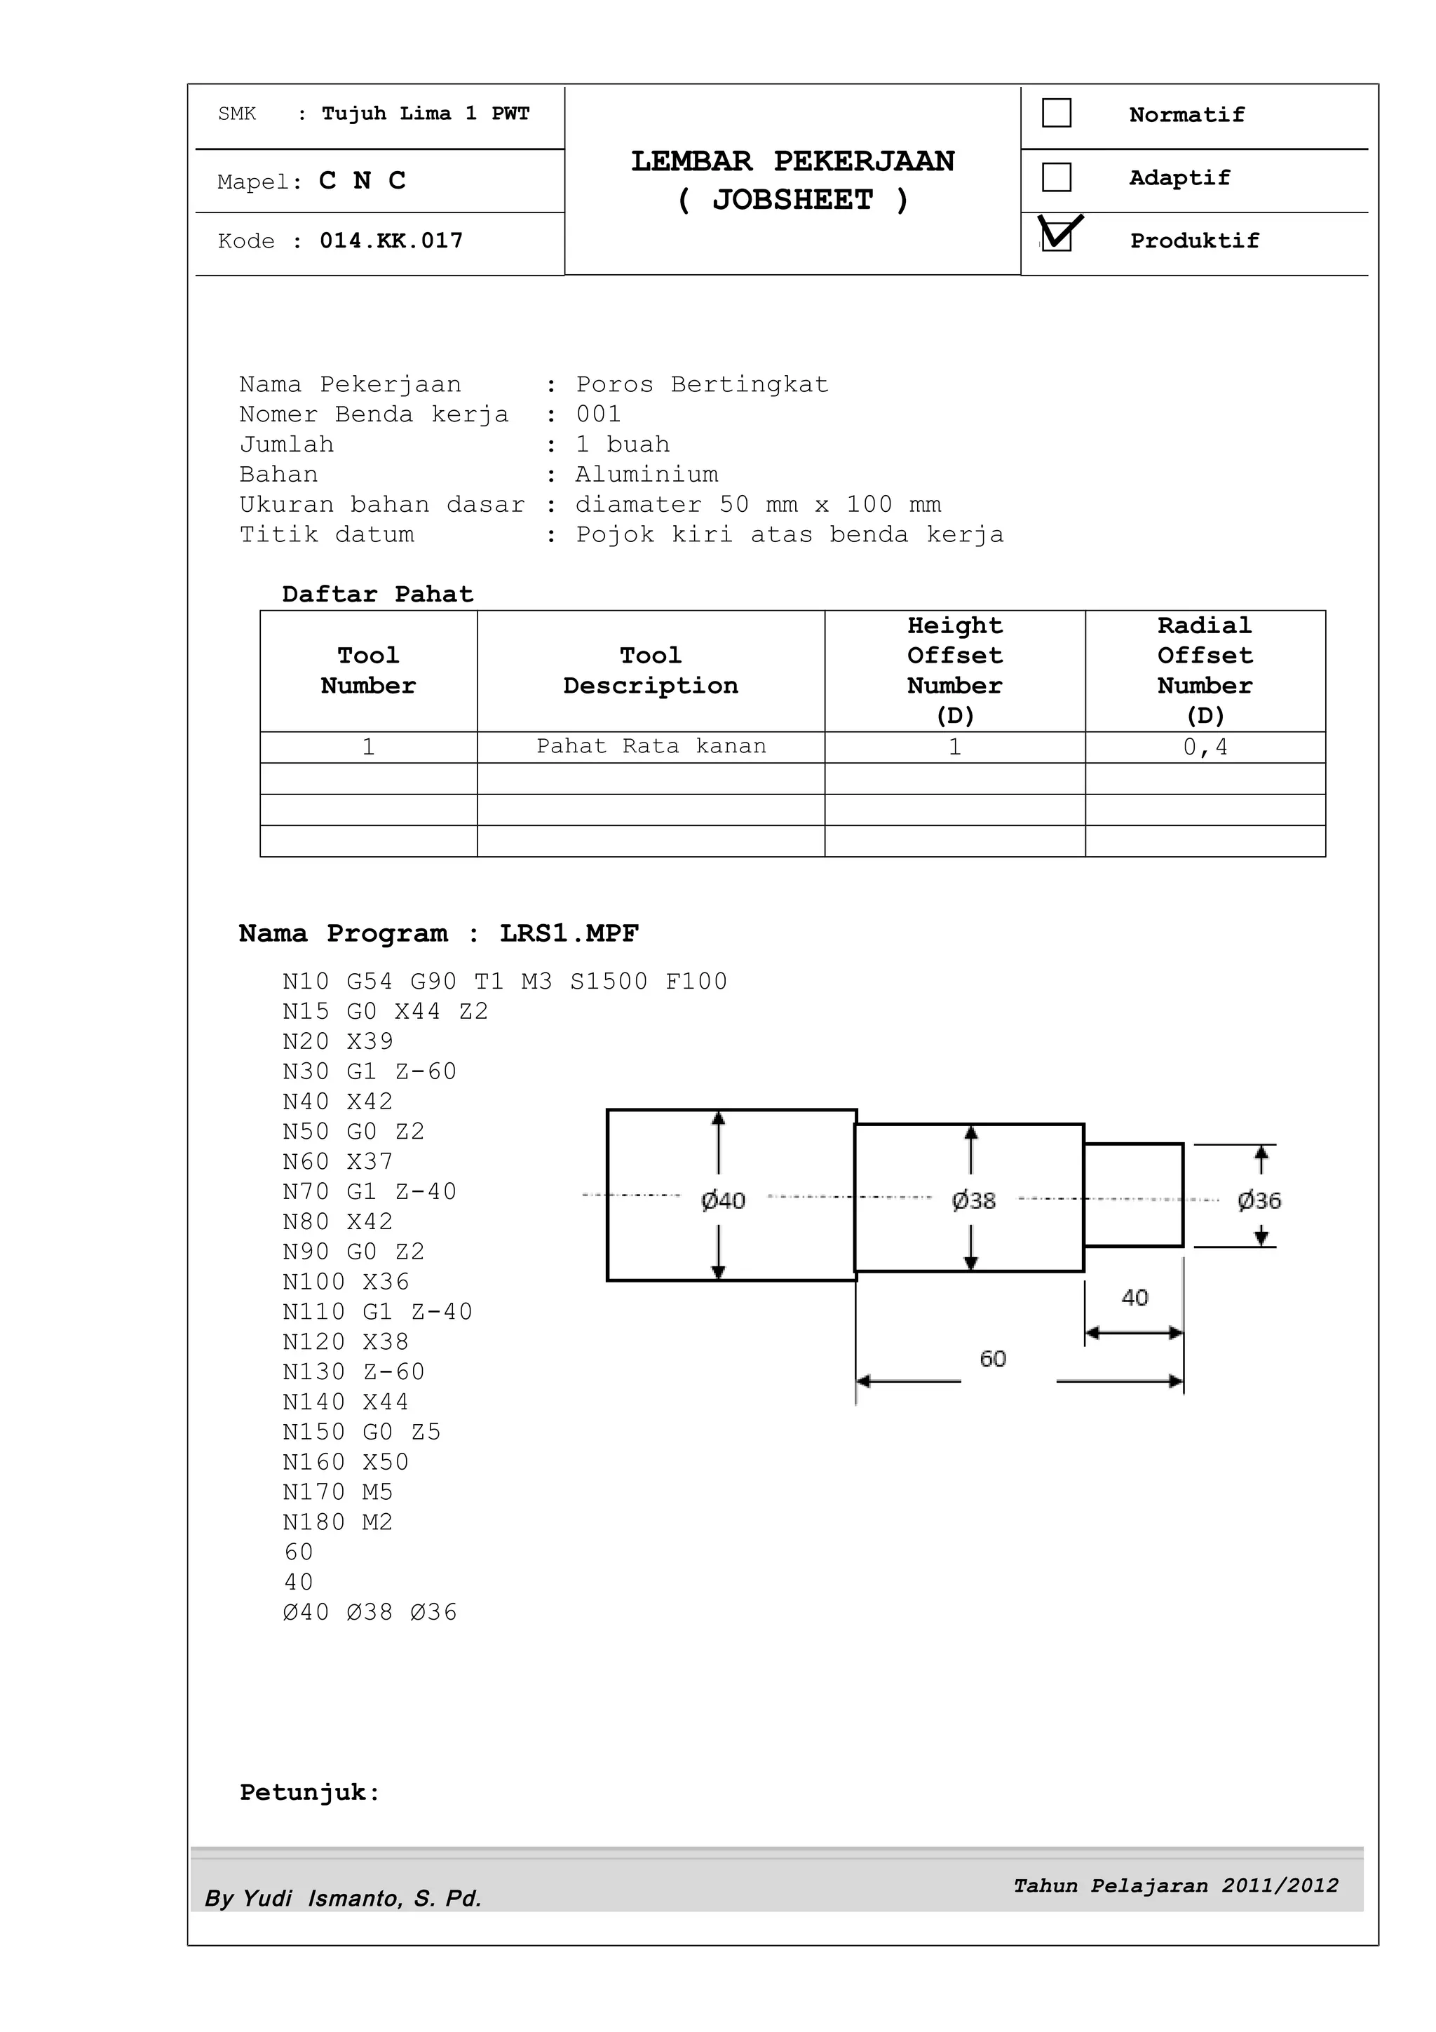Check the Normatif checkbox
click(x=1057, y=114)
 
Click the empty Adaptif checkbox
click(x=1057, y=177)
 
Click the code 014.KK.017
click(x=391, y=241)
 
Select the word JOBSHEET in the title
click(x=793, y=200)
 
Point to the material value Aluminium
click(x=646, y=475)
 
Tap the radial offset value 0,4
click(x=1205, y=747)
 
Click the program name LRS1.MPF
click(x=569, y=934)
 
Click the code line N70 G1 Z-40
click(x=369, y=1192)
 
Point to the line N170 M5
click(x=337, y=1493)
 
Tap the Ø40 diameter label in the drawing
click(x=723, y=1201)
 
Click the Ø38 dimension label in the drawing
click(x=973, y=1201)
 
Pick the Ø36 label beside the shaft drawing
click(x=1259, y=1201)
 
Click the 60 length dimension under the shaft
click(x=993, y=1358)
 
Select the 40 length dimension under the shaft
click(x=1134, y=1299)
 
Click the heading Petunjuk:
click(x=310, y=1793)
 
